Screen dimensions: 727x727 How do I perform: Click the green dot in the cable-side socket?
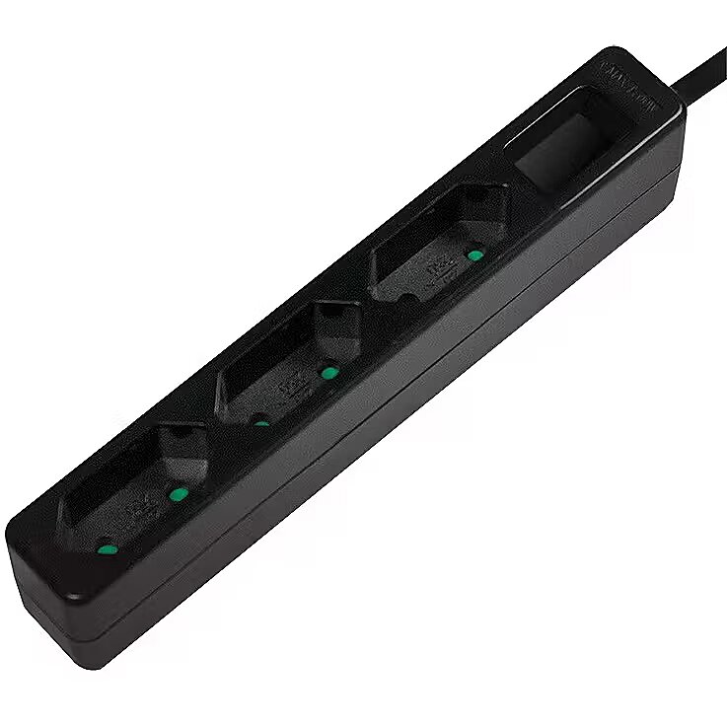[x=475, y=254]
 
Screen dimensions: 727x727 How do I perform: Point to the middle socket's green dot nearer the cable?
[x=329, y=373]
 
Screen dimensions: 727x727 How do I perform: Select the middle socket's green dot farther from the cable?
[x=260, y=423]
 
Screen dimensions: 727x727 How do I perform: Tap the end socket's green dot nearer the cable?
[x=179, y=494]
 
